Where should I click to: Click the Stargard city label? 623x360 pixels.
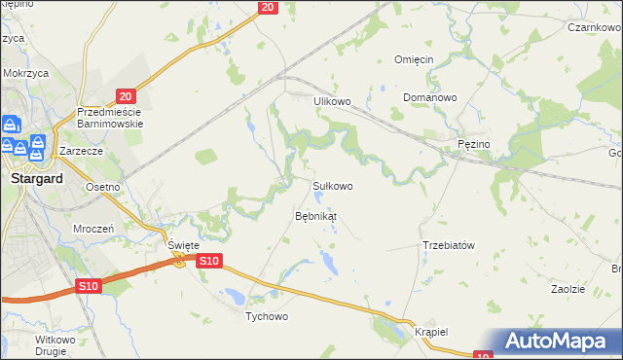(36, 179)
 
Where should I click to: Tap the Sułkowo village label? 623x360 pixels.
(332, 185)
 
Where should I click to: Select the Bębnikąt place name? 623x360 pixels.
(315, 215)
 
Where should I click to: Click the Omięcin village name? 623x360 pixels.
(413, 59)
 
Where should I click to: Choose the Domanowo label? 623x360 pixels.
(430, 98)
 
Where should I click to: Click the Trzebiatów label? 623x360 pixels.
(449, 245)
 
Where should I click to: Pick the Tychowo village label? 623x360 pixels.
(268, 316)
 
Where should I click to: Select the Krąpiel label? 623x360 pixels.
(430, 331)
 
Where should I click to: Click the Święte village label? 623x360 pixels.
(183, 245)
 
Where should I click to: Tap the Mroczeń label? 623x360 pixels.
(94, 227)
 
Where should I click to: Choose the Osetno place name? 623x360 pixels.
(102, 187)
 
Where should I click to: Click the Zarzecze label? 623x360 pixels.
(82, 153)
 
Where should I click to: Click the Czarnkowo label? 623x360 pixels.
(595, 28)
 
